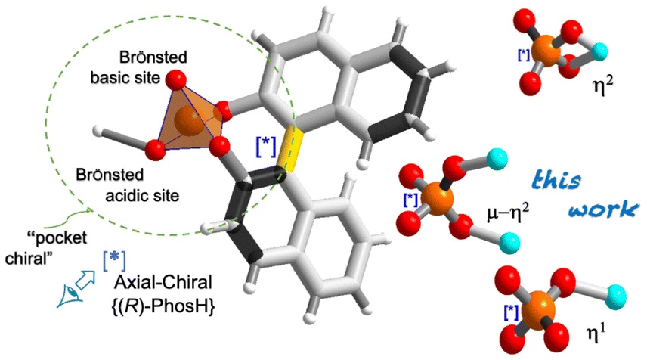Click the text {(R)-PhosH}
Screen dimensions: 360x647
pyautogui.click(x=162, y=306)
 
